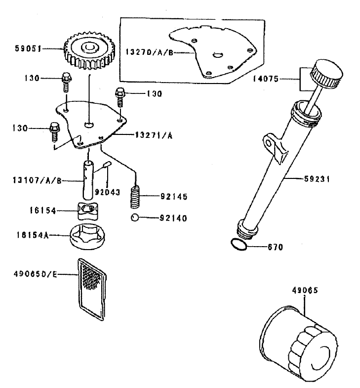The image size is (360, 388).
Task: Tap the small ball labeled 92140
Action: click(135, 218)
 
